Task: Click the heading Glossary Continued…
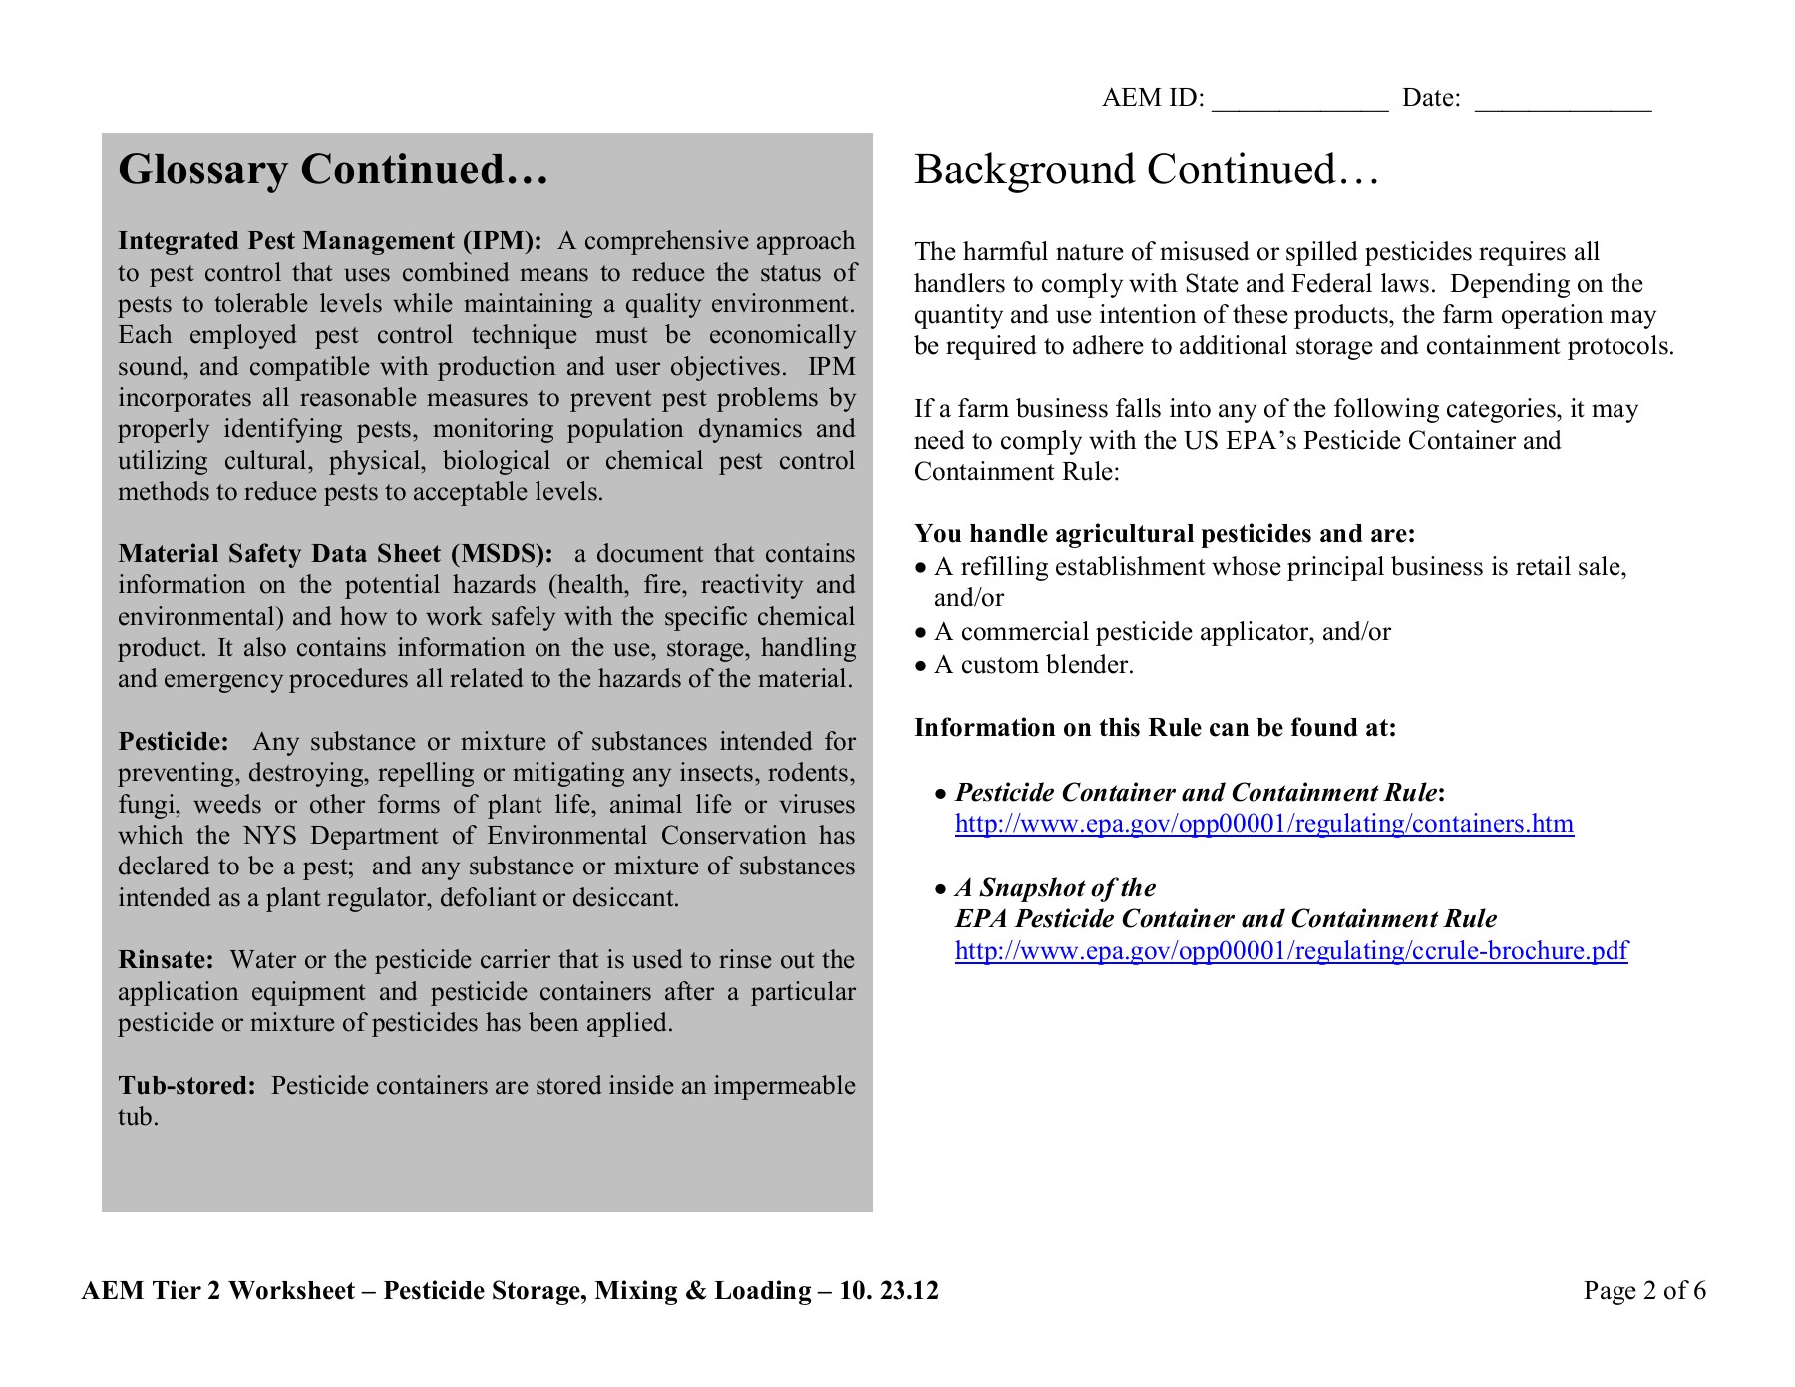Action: point(333,170)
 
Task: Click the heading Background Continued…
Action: point(1147,170)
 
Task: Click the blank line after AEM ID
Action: point(1299,100)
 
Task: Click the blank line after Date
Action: point(1563,100)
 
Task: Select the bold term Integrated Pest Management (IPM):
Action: point(330,241)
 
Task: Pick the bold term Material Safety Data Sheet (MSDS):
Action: point(335,554)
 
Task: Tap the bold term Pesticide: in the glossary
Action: point(174,742)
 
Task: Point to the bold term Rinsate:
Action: point(166,960)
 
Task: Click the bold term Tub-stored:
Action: point(187,1086)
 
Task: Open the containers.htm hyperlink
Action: point(1263,824)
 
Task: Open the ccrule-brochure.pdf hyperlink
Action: point(1291,951)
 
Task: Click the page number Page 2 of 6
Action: point(1643,1291)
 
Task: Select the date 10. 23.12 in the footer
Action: point(889,1291)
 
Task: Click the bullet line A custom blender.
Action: point(1033,665)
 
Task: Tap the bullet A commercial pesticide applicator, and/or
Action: point(1162,632)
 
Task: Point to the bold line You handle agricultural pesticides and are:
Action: point(1165,534)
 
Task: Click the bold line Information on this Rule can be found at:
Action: point(1155,728)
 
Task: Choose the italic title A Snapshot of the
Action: point(1055,888)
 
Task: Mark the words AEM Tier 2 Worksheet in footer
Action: point(217,1291)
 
